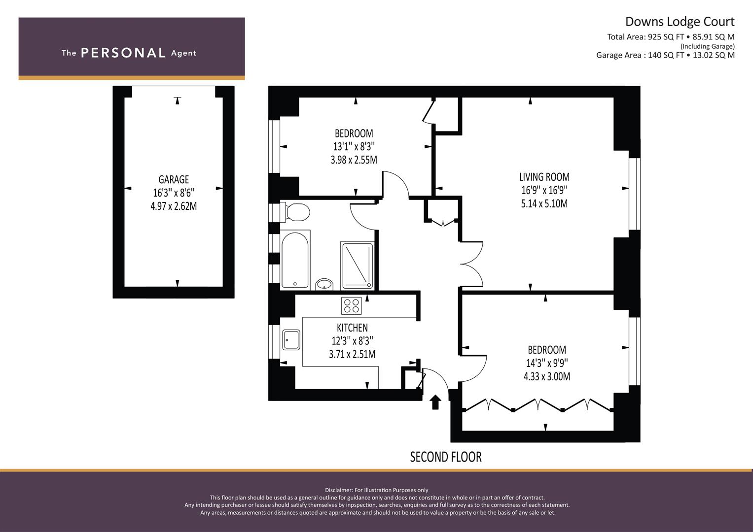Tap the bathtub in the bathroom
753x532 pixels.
tap(295, 259)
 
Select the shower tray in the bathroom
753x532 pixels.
tap(357, 266)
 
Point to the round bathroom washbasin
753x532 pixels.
tap(324, 284)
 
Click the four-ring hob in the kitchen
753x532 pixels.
tap(351, 305)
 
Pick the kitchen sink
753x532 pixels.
tap(291, 339)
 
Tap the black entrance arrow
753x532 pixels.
tap(435, 402)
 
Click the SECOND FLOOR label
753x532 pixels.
tap(446, 457)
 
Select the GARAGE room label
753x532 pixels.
tap(174, 179)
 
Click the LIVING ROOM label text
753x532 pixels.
tap(544, 177)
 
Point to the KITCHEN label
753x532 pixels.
tap(352, 328)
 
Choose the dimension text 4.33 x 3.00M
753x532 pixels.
tap(547, 376)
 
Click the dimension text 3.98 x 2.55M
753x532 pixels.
tap(354, 160)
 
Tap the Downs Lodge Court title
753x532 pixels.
tap(680, 22)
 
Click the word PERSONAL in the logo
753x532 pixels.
tap(123, 53)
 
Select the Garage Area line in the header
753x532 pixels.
tap(666, 55)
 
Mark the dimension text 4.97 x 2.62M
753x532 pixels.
tap(174, 206)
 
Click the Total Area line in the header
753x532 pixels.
tap(671, 37)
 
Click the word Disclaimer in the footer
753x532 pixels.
tap(339, 490)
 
